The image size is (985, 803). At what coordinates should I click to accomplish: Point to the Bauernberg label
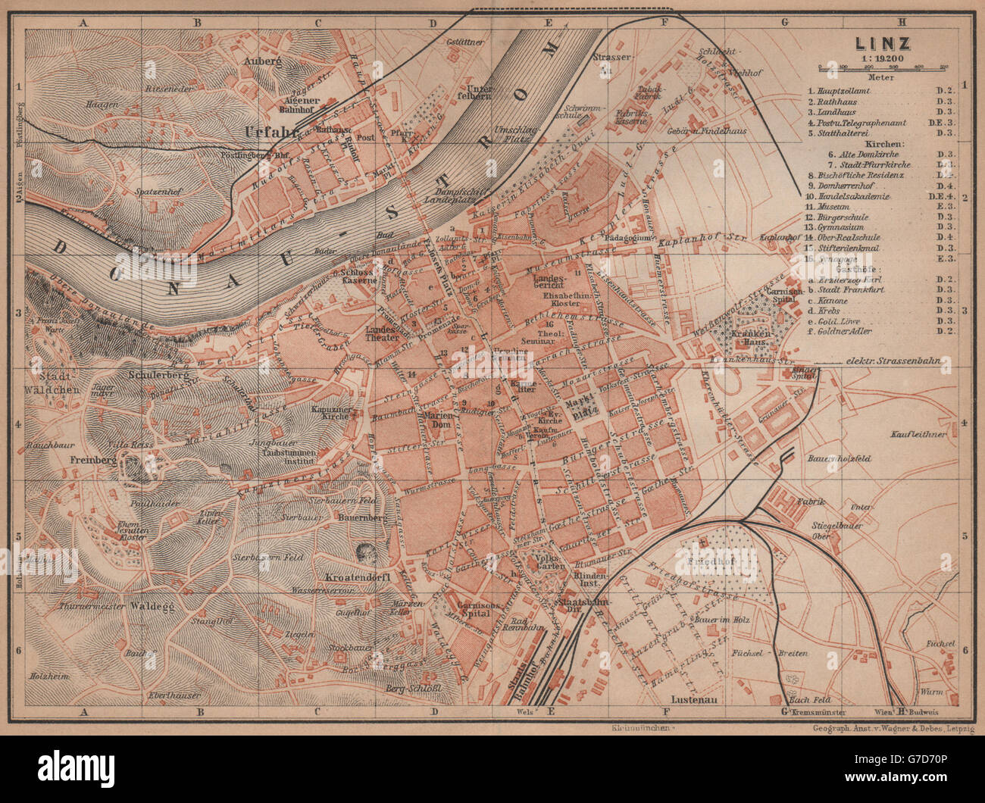click(x=360, y=517)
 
